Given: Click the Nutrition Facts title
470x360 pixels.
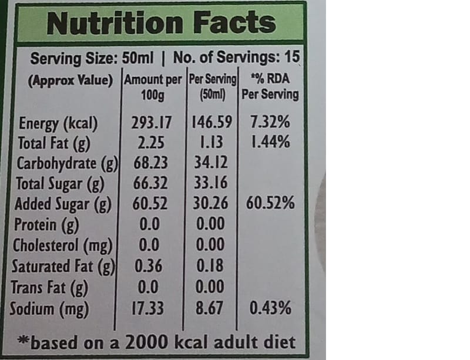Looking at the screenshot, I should click(x=160, y=23).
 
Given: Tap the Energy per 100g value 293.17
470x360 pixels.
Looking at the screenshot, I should click(x=152, y=123).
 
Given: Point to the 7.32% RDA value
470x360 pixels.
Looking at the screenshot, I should click(x=270, y=123).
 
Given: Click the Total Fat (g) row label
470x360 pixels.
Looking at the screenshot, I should click(x=54, y=143).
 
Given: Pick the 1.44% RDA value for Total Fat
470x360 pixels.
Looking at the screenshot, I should click(x=270, y=143).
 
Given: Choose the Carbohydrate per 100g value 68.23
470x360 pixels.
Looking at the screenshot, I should click(x=152, y=163).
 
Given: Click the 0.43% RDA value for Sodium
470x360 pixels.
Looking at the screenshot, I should click(x=270, y=308).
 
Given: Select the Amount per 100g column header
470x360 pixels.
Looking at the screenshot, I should click(x=152, y=86).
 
